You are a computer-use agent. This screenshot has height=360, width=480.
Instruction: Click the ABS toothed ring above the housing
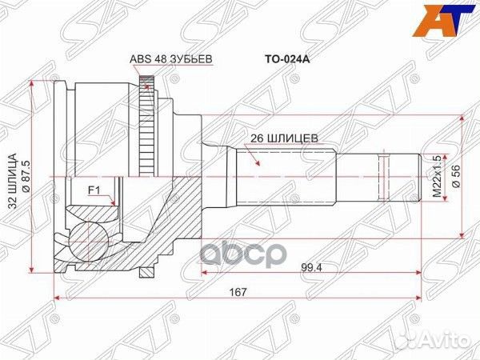tap(146, 81)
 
